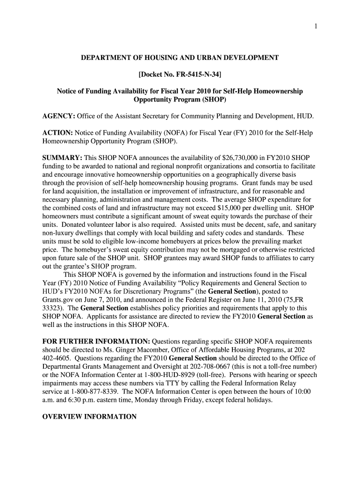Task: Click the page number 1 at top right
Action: (316, 26)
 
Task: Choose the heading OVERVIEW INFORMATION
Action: (89, 416)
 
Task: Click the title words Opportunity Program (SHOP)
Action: (180, 100)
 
